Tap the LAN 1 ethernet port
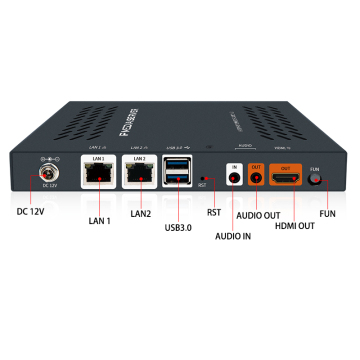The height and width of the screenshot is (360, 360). point(96,175)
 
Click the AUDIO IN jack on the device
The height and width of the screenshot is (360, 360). point(236,177)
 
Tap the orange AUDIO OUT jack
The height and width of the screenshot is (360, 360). point(257,177)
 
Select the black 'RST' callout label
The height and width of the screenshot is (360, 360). point(213,212)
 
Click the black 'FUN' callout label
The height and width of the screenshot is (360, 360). point(327,213)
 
